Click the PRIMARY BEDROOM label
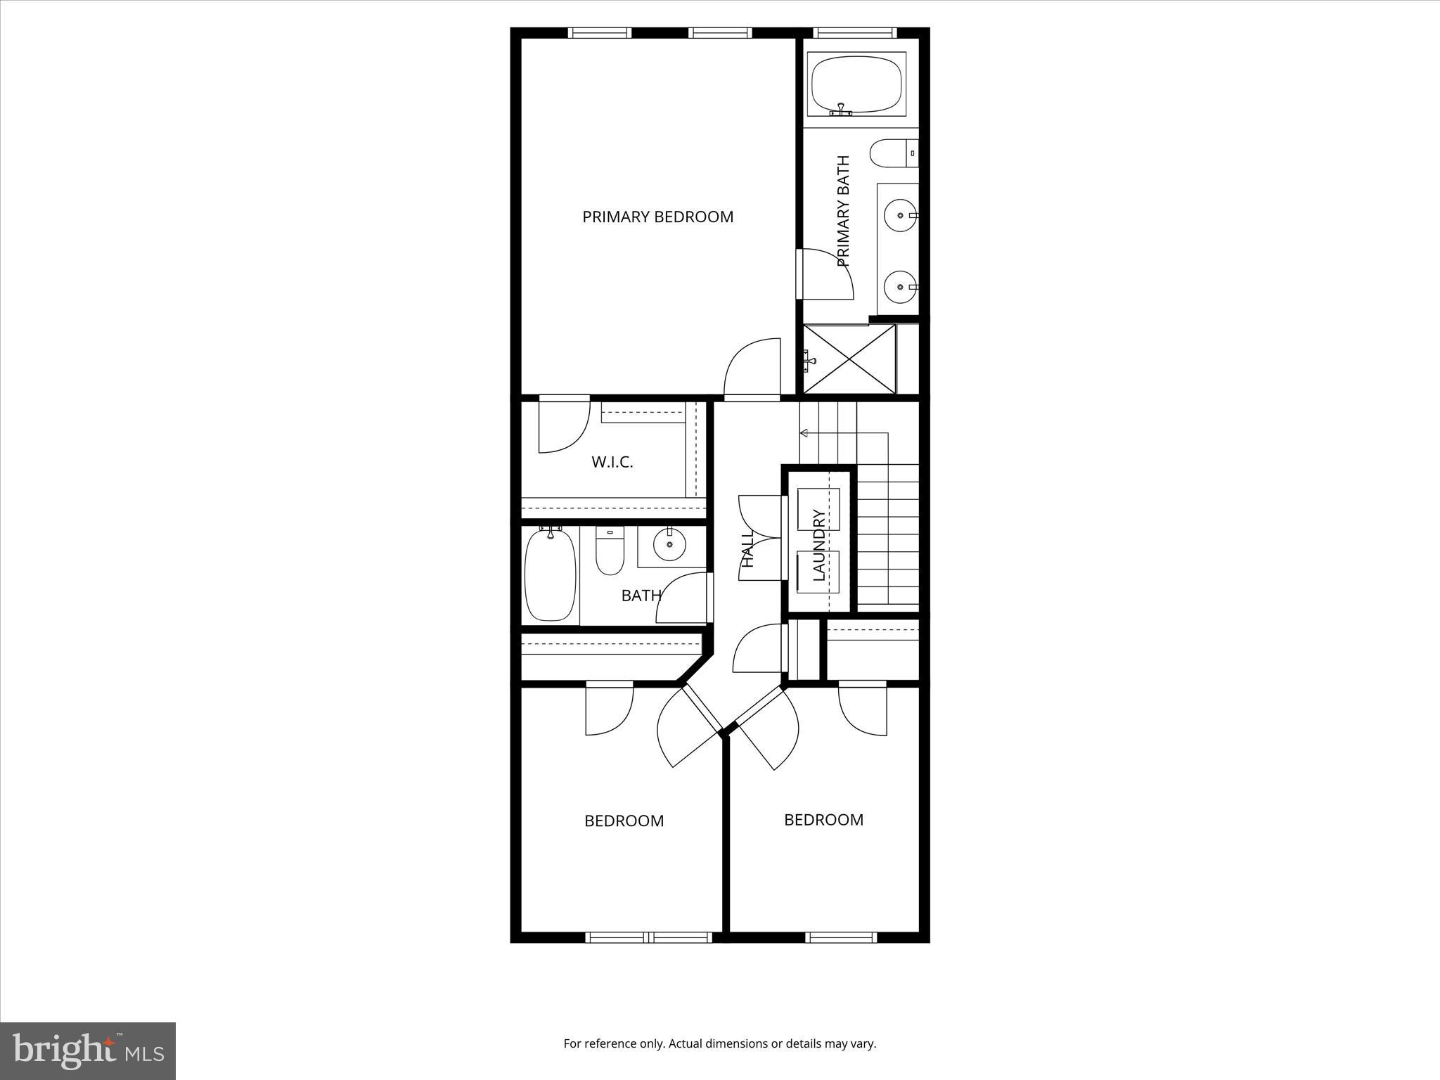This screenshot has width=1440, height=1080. [x=657, y=217]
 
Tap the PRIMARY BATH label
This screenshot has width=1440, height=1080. [x=843, y=211]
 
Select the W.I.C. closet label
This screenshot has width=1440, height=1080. [x=612, y=462]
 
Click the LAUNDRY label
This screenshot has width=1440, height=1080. [x=818, y=546]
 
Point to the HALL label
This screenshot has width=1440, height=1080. [x=747, y=548]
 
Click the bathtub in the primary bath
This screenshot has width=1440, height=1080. [x=856, y=84]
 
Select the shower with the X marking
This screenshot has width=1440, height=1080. [x=849, y=359]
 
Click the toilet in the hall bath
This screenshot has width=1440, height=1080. [x=610, y=551]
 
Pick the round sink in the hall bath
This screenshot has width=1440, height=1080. [x=669, y=544]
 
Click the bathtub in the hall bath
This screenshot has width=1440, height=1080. [x=551, y=575]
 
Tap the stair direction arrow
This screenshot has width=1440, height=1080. [x=804, y=433]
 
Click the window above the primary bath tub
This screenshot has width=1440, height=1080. [x=854, y=32]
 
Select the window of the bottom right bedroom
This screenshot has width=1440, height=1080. [x=840, y=937]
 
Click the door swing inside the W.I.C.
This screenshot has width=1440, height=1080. [x=564, y=425]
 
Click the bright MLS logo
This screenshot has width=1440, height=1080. [x=88, y=1050]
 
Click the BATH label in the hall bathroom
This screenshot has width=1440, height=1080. [x=641, y=596]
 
